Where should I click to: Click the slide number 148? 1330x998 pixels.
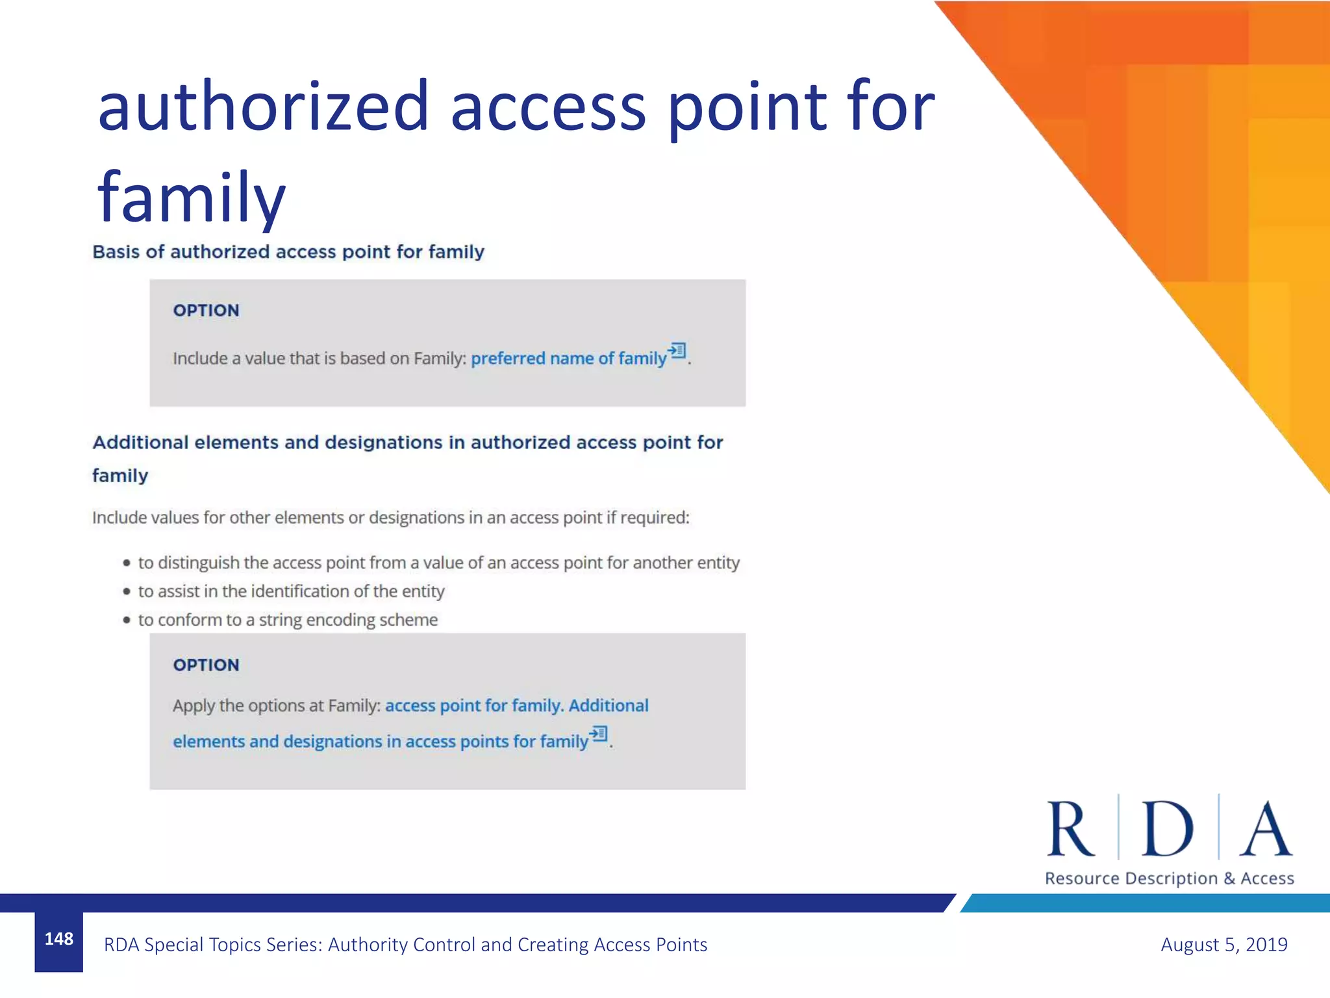click(58, 939)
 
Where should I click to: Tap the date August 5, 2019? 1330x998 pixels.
click(1223, 944)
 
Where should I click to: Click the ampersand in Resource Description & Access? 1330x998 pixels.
click(1229, 878)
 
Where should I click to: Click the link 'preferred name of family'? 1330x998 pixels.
click(568, 359)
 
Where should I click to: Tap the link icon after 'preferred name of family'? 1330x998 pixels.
click(677, 351)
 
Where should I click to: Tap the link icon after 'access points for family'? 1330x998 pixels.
click(599, 734)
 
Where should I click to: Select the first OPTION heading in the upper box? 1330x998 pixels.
click(206, 311)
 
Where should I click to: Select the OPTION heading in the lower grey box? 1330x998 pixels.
click(206, 665)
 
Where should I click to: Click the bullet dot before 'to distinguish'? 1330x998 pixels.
click(127, 563)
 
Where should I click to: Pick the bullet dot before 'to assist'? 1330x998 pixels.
click(127, 591)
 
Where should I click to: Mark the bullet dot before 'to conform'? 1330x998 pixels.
click(127, 620)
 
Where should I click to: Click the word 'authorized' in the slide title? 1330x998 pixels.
click(263, 106)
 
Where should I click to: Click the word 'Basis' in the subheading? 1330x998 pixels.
click(116, 252)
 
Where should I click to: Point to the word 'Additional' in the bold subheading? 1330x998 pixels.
click(140, 442)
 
